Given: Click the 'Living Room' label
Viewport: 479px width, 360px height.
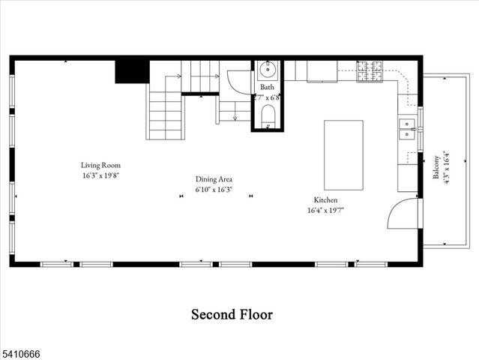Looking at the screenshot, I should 100,165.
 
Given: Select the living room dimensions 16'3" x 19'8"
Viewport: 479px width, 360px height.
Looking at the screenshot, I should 100,175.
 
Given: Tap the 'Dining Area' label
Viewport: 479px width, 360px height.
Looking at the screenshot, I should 214,179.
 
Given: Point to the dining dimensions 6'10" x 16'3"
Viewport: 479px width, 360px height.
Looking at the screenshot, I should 214,190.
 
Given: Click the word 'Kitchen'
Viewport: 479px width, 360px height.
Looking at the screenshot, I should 325,200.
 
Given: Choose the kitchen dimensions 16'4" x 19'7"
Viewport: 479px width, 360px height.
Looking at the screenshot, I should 325,211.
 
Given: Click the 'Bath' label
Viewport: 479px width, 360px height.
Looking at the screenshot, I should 267,88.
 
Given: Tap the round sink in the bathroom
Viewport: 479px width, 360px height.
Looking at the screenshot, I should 268,71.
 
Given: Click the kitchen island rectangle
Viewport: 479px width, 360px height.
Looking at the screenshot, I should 343,154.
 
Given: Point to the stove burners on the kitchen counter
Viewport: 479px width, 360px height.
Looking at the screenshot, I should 370,72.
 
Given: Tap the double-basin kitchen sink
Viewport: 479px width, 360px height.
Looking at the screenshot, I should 407,128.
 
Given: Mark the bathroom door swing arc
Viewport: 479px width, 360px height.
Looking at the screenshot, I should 238,80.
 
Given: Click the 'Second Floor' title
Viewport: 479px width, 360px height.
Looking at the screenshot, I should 232,314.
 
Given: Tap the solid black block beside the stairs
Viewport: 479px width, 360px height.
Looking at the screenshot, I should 130,71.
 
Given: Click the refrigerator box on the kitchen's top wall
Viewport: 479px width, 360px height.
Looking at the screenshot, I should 320,70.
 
